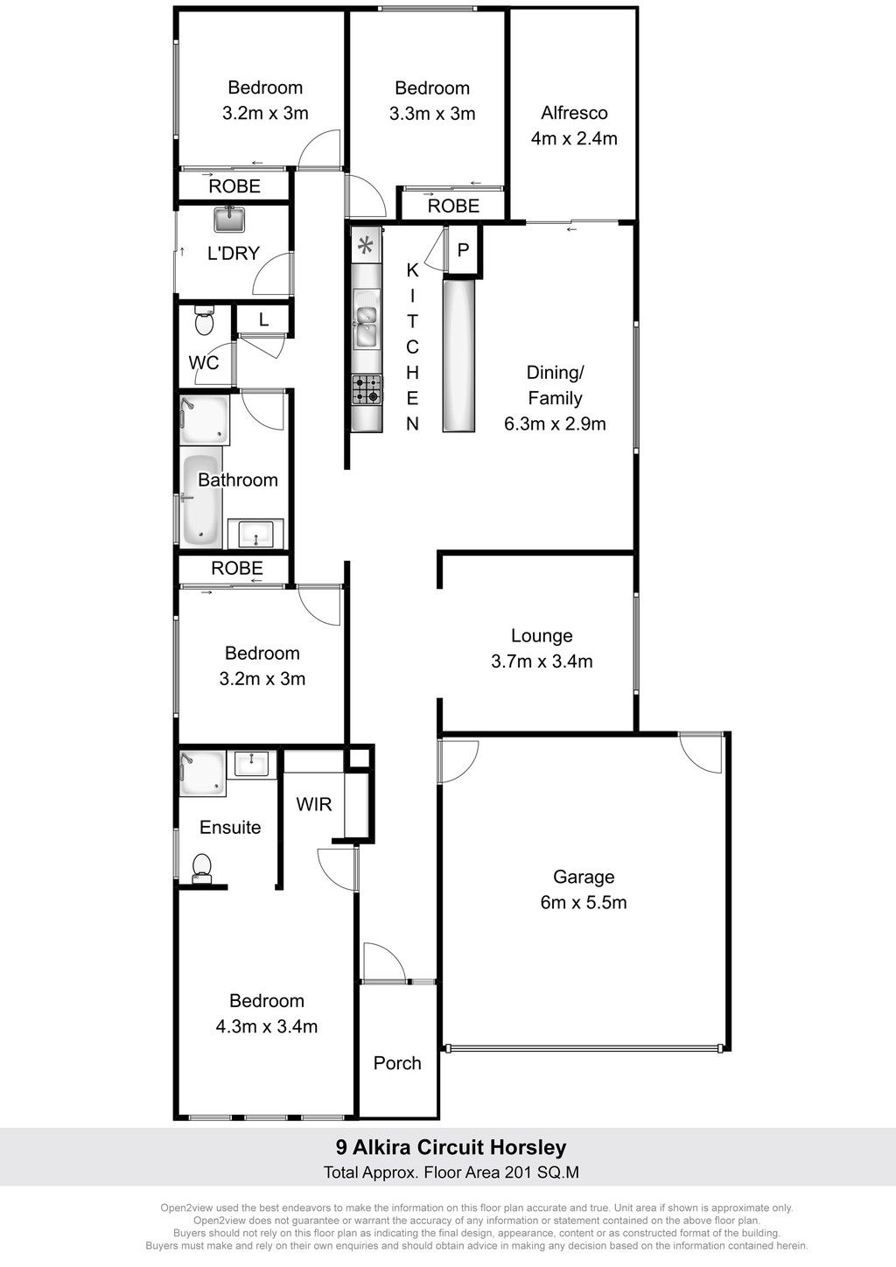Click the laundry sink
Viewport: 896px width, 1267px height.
point(229,220)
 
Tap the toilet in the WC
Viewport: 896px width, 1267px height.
point(204,321)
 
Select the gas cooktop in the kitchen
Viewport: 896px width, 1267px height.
point(367,389)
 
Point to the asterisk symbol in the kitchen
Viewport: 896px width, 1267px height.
point(366,246)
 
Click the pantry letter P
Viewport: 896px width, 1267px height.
point(463,249)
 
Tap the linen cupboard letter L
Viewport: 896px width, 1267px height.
point(263,319)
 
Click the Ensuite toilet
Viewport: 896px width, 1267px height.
point(202,868)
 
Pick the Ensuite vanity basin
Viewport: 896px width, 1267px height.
point(252,765)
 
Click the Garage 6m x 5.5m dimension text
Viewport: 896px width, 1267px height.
point(584,902)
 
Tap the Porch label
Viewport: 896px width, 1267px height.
point(397,1063)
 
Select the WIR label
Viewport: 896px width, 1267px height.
point(314,804)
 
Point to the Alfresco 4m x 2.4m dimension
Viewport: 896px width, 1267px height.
point(574,138)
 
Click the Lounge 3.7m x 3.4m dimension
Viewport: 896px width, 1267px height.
point(542,661)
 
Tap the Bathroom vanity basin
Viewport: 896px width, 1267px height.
point(256,534)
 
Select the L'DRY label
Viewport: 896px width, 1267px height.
point(233,253)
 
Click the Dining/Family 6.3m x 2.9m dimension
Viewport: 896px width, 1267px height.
point(555,423)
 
